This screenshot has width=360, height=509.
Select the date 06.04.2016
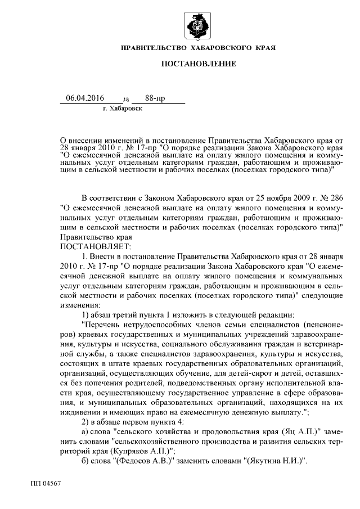click(x=85, y=98)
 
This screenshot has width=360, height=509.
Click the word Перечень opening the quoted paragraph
click(x=103, y=325)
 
